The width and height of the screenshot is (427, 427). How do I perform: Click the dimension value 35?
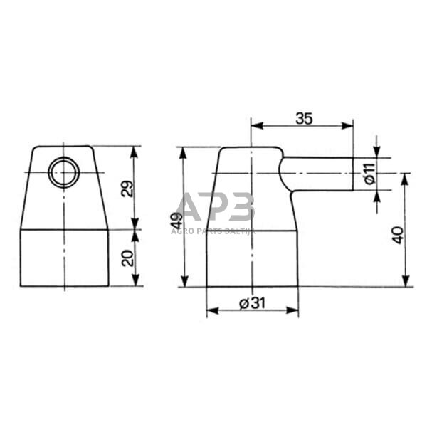[304, 119]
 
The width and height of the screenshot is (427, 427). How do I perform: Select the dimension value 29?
[127, 189]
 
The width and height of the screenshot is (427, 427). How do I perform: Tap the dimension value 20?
[128, 258]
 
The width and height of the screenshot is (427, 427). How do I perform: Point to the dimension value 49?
[177, 221]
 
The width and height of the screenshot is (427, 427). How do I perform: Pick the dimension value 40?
[398, 236]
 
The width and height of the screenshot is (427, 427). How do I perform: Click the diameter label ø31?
[252, 303]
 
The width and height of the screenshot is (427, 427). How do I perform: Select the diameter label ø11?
[370, 174]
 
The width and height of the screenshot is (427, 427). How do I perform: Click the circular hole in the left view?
[64, 172]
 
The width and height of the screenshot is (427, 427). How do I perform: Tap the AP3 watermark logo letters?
[215, 206]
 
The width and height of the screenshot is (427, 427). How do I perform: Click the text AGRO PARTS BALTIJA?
[213, 231]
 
